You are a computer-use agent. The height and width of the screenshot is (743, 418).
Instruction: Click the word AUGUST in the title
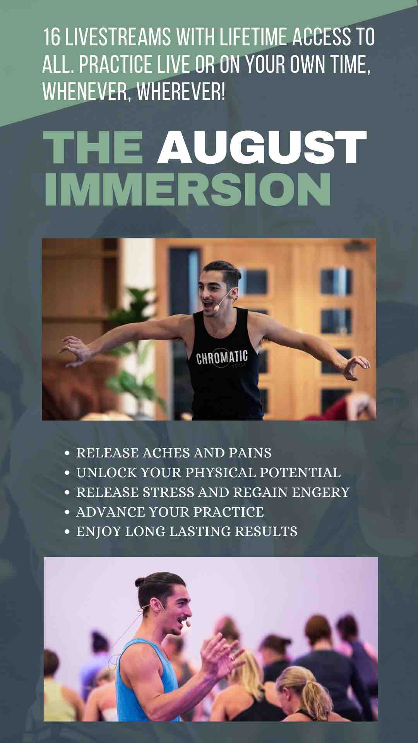click(262, 147)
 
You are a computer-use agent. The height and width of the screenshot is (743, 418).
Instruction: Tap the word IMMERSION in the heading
click(188, 189)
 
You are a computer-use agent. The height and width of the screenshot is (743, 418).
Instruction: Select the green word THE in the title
click(93, 147)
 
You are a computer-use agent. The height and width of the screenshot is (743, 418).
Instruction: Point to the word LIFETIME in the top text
click(253, 38)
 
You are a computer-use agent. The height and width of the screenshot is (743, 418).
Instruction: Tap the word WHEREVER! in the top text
click(181, 92)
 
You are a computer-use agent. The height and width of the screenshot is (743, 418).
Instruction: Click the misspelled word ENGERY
click(321, 492)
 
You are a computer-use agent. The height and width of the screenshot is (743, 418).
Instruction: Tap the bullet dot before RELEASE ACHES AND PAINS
click(68, 453)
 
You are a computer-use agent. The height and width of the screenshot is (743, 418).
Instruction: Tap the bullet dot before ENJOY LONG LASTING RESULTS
click(68, 532)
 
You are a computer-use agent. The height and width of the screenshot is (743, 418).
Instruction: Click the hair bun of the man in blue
click(142, 582)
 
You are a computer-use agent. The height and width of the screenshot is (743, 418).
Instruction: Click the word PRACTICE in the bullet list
click(229, 512)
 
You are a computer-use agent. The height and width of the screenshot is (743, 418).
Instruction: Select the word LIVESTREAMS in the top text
click(118, 38)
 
